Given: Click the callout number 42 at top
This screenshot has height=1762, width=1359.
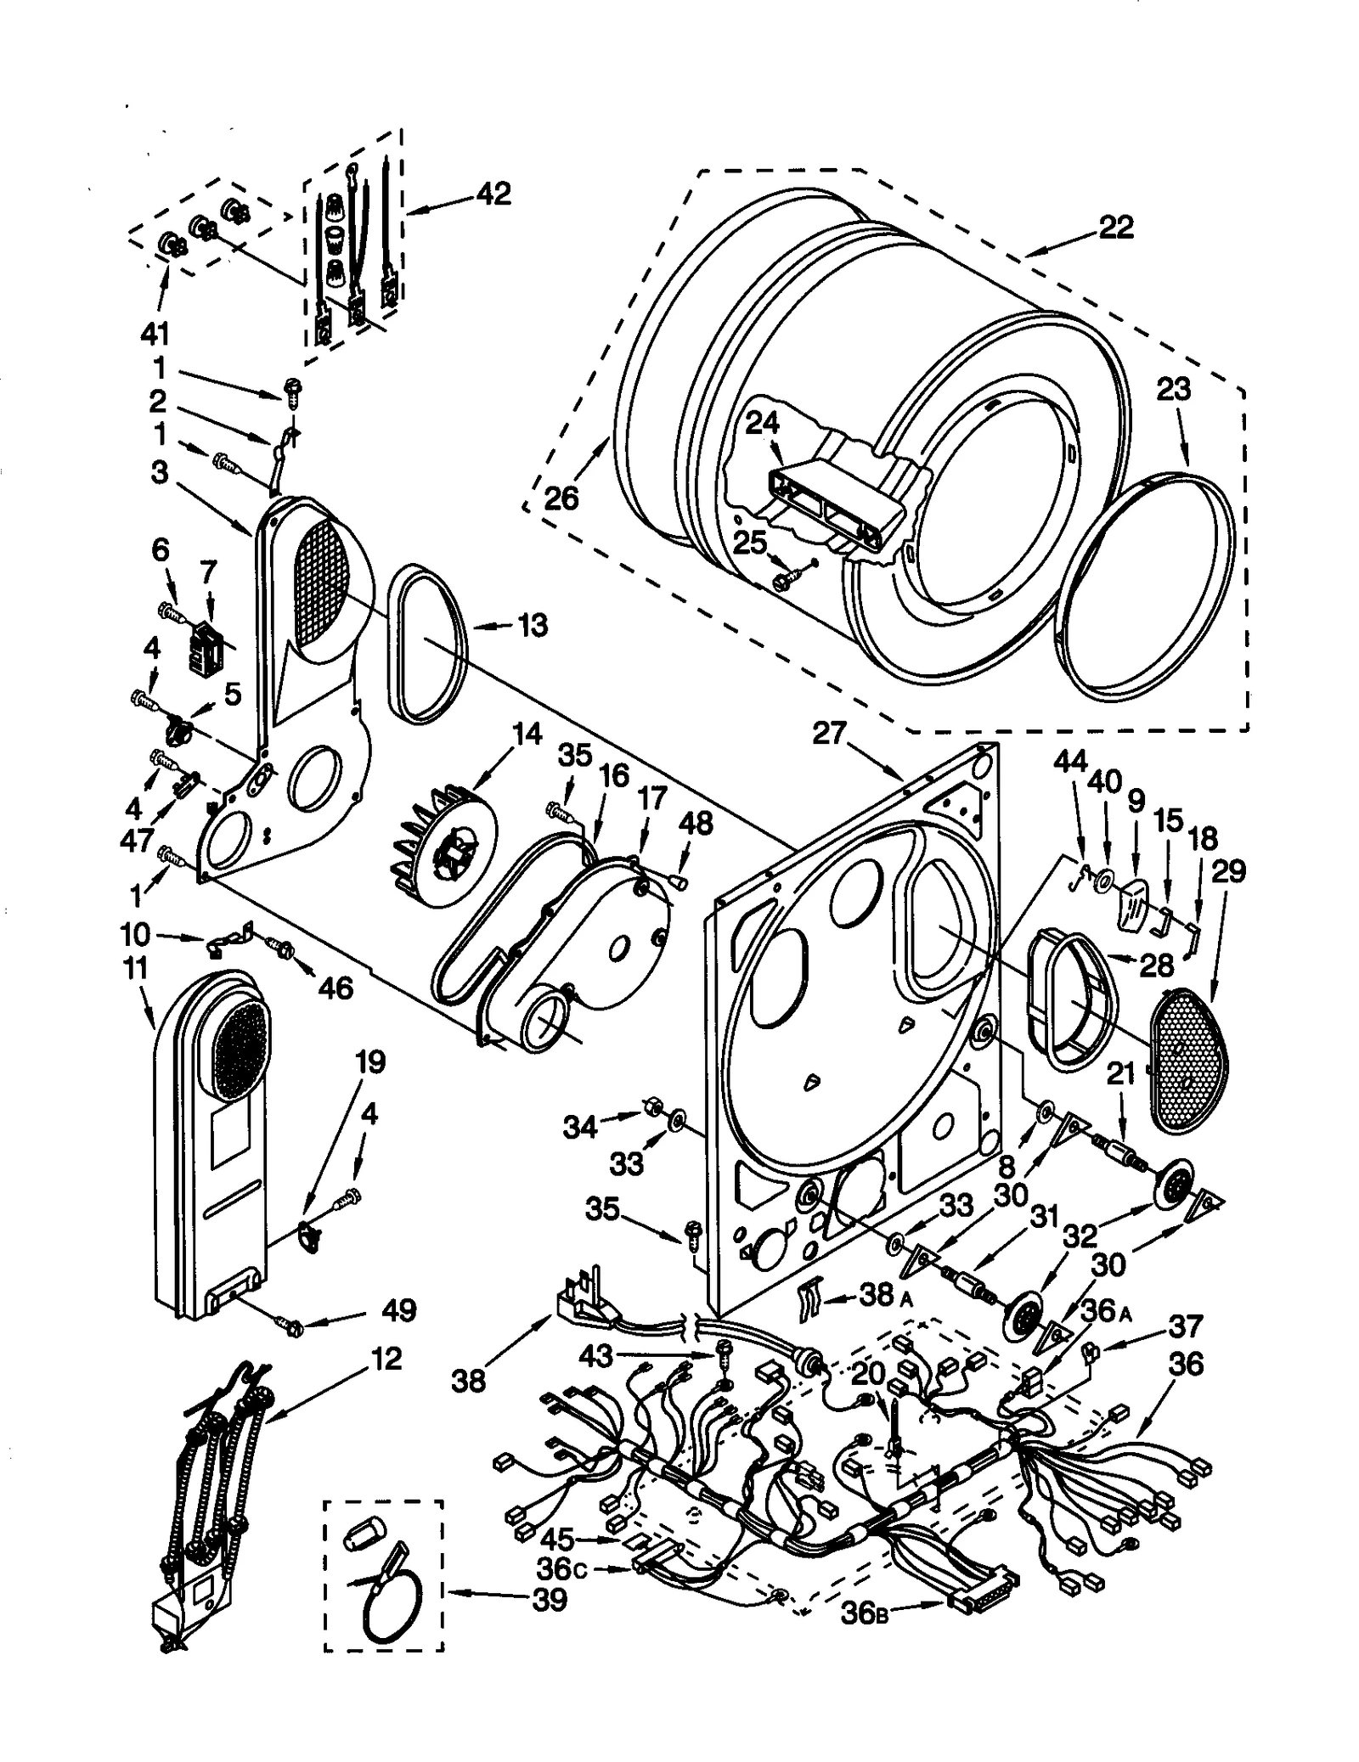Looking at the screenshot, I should pos(493,194).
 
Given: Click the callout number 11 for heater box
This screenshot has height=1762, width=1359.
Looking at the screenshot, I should pos(134,968).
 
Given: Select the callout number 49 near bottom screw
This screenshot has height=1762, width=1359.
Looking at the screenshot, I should pos(398,1310).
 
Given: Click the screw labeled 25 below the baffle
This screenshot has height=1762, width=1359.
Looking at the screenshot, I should pos(783,579).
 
